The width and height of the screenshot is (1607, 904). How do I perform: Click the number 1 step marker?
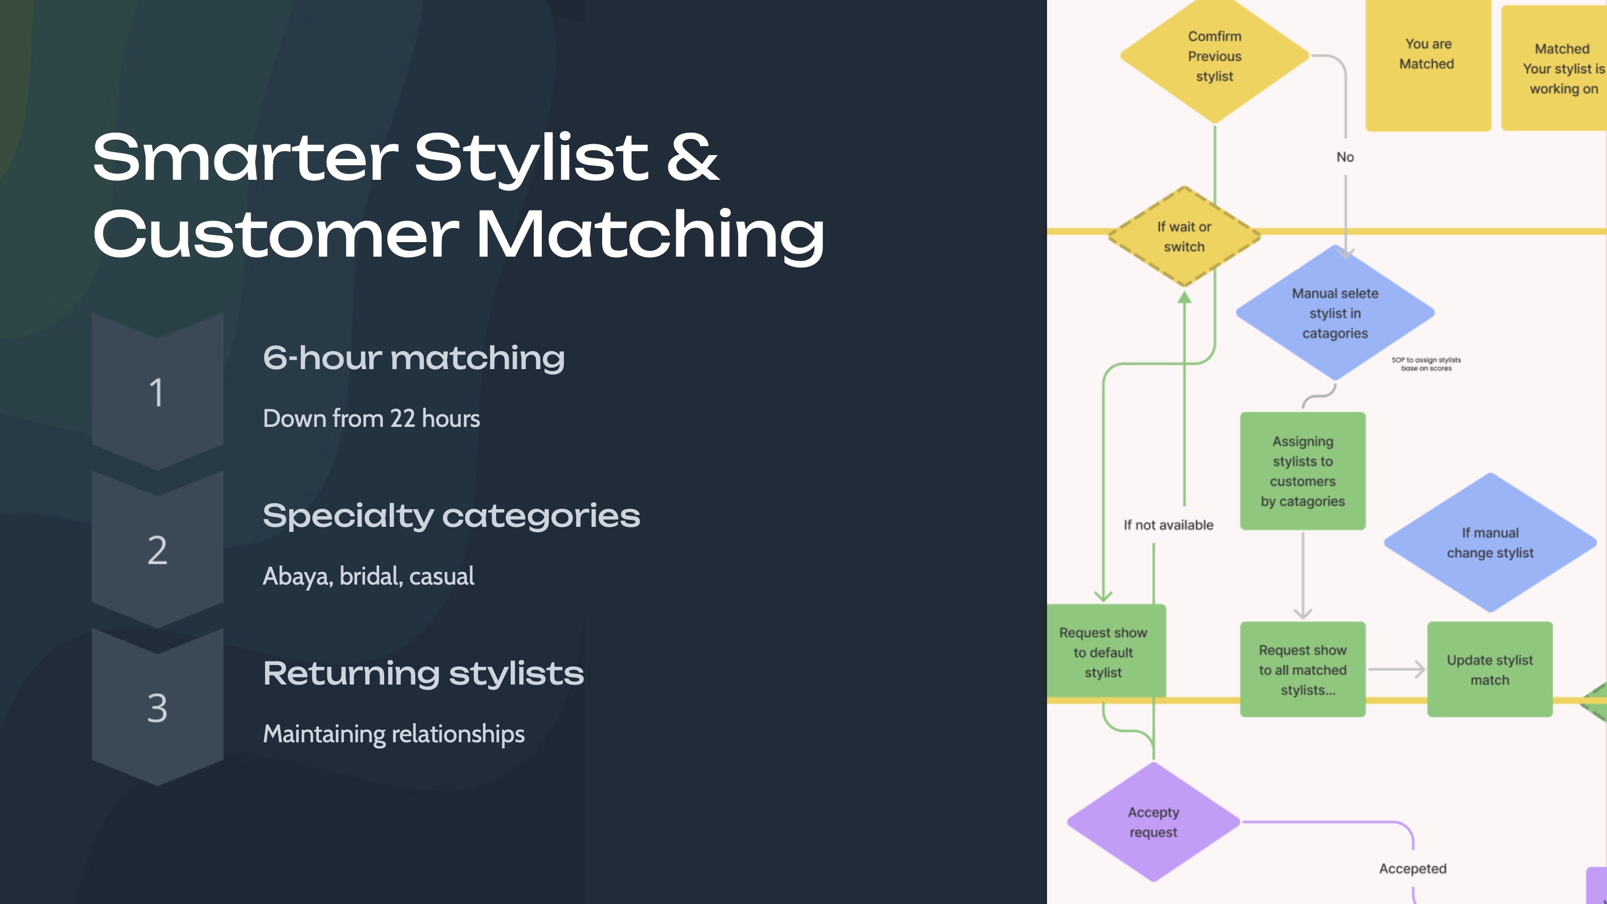pos(157,392)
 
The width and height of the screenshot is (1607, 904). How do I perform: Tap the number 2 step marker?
pos(157,549)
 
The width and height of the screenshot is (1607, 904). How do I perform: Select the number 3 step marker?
pos(157,708)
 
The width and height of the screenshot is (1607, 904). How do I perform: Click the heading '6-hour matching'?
pos(414,358)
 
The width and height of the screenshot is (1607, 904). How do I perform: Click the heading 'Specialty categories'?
pos(451,516)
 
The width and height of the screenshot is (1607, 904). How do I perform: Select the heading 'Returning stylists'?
pos(423,674)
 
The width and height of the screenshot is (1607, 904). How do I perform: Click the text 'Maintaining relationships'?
pos(394,734)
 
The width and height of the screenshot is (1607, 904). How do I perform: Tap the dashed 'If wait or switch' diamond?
pos(1184,237)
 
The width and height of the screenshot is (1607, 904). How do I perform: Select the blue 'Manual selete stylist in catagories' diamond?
pos(1334,313)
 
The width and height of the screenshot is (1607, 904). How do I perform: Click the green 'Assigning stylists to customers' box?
pos(1303,471)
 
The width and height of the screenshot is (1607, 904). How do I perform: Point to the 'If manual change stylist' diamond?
pos(1489,543)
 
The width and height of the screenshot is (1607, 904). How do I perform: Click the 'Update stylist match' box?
pos(1489,669)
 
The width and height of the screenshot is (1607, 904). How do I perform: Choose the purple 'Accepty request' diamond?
pos(1153,822)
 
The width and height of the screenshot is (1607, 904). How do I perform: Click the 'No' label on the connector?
pos(1345,157)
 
